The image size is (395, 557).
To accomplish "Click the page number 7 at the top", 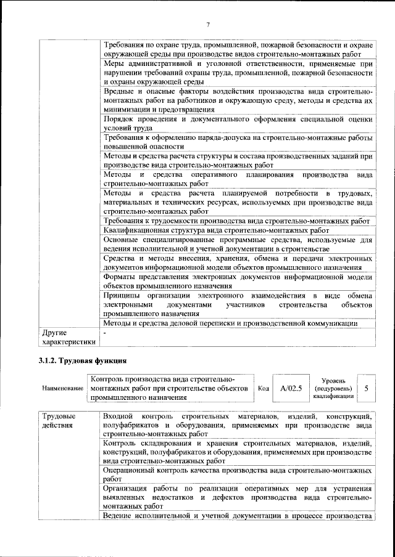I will pos(208,25).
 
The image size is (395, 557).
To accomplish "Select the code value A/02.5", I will pos(290,388).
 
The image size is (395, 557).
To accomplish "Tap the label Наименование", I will pos(63,389).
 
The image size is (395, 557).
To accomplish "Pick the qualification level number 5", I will pos(367,388).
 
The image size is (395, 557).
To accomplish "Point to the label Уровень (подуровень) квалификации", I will pos(333,389).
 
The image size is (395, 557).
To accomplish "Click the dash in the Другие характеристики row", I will pos(106,333).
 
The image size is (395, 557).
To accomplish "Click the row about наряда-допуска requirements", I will pos(238,142).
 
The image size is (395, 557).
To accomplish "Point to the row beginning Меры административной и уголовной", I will pos(238,73).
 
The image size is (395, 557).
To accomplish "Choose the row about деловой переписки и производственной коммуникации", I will pos(231,323).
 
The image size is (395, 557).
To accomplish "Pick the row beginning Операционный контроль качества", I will pos(238,474).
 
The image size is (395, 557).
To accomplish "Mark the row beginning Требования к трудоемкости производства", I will pos(236,221).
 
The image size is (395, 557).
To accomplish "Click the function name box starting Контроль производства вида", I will pos(170,389).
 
